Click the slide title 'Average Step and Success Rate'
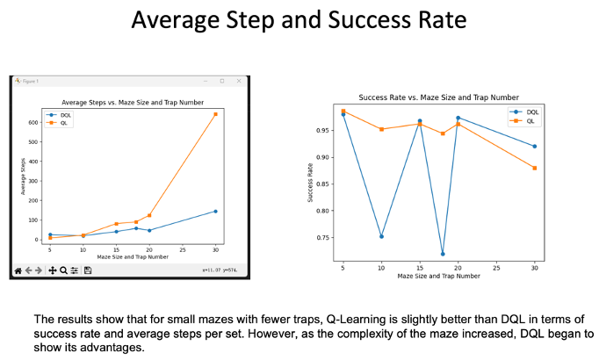(x=299, y=18)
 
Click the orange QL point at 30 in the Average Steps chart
(x=215, y=114)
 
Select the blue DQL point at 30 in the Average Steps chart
(x=215, y=211)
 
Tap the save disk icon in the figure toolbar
(x=88, y=270)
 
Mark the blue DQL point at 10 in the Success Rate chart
(x=381, y=236)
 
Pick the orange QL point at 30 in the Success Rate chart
(x=534, y=168)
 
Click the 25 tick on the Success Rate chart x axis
(x=496, y=268)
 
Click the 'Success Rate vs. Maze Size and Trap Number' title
(x=439, y=97)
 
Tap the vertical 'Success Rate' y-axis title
(x=311, y=183)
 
